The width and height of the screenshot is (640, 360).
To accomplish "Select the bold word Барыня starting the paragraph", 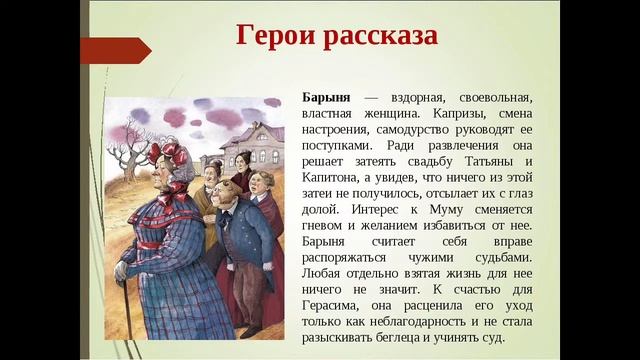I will [x=327, y=96].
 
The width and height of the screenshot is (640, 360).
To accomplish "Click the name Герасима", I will [x=334, y=308].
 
